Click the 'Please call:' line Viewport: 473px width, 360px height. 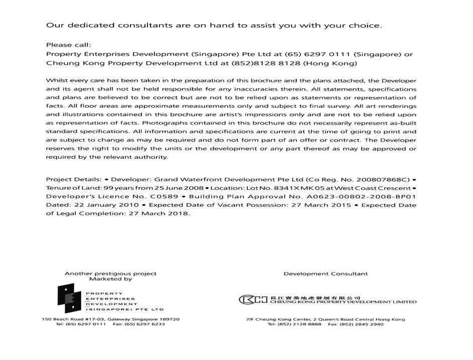click(68, 45)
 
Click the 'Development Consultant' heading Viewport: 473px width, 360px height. click(326, 274)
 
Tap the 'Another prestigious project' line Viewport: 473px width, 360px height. click(110, 274)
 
